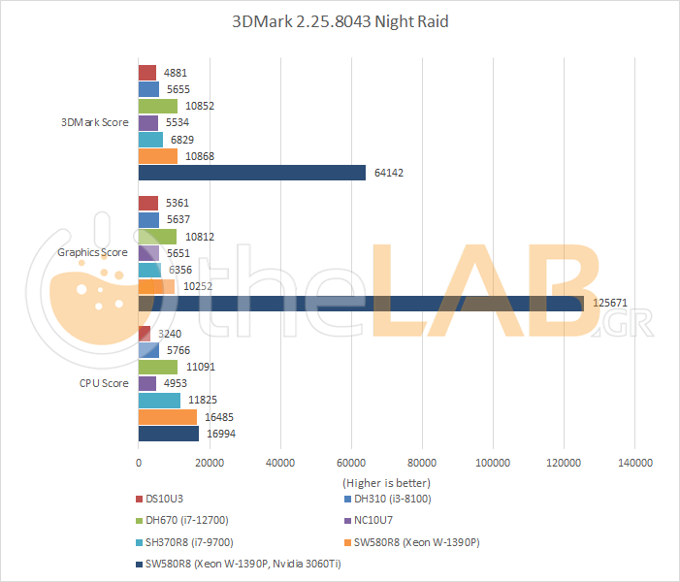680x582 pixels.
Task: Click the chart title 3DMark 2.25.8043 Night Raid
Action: [x=340, y=21]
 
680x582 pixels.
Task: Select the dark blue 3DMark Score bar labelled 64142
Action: [x=252, y=173]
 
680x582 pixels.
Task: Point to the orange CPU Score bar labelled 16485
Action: [x=168, y=417]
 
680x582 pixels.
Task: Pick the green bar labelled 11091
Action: [x=158, y=367]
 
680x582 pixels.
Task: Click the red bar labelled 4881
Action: [x=147, y=73]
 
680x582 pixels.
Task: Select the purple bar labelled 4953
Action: [x=147, y=383]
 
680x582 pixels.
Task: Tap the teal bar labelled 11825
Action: [x=160, y=400]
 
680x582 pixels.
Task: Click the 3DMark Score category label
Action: [x=94, y=122]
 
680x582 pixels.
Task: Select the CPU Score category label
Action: [x=104, y=383]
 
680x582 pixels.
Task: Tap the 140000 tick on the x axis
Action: [x=635, y=463]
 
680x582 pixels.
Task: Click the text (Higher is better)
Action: [x=386, y=482]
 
